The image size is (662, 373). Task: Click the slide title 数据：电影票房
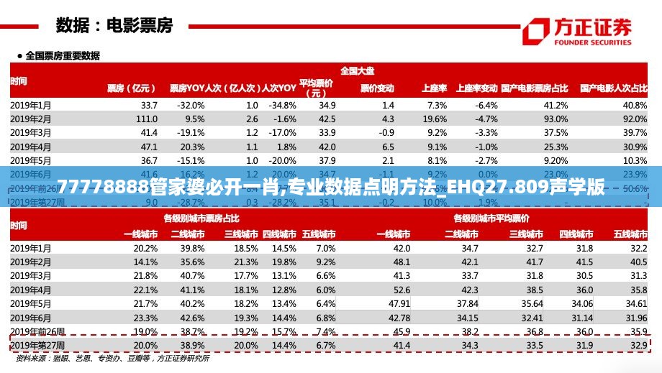tap(114, 26)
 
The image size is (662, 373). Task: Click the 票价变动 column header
tap(377, 88)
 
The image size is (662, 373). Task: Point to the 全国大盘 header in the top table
tap(357, 70)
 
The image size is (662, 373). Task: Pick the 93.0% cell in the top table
tap(556, 119)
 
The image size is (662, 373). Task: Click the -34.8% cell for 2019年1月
tap(282, 105)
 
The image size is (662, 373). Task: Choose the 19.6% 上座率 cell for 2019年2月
tap(435, 119)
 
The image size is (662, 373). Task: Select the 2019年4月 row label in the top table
tap(31, 146)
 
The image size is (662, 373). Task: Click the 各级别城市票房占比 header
tap(201, 218)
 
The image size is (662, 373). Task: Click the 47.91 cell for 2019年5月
tap(399, 303)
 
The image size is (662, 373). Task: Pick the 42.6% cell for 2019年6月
tap(192, 318)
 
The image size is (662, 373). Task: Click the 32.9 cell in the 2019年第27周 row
tap(638, 346)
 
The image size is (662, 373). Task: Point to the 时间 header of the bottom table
tap(19, 226)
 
